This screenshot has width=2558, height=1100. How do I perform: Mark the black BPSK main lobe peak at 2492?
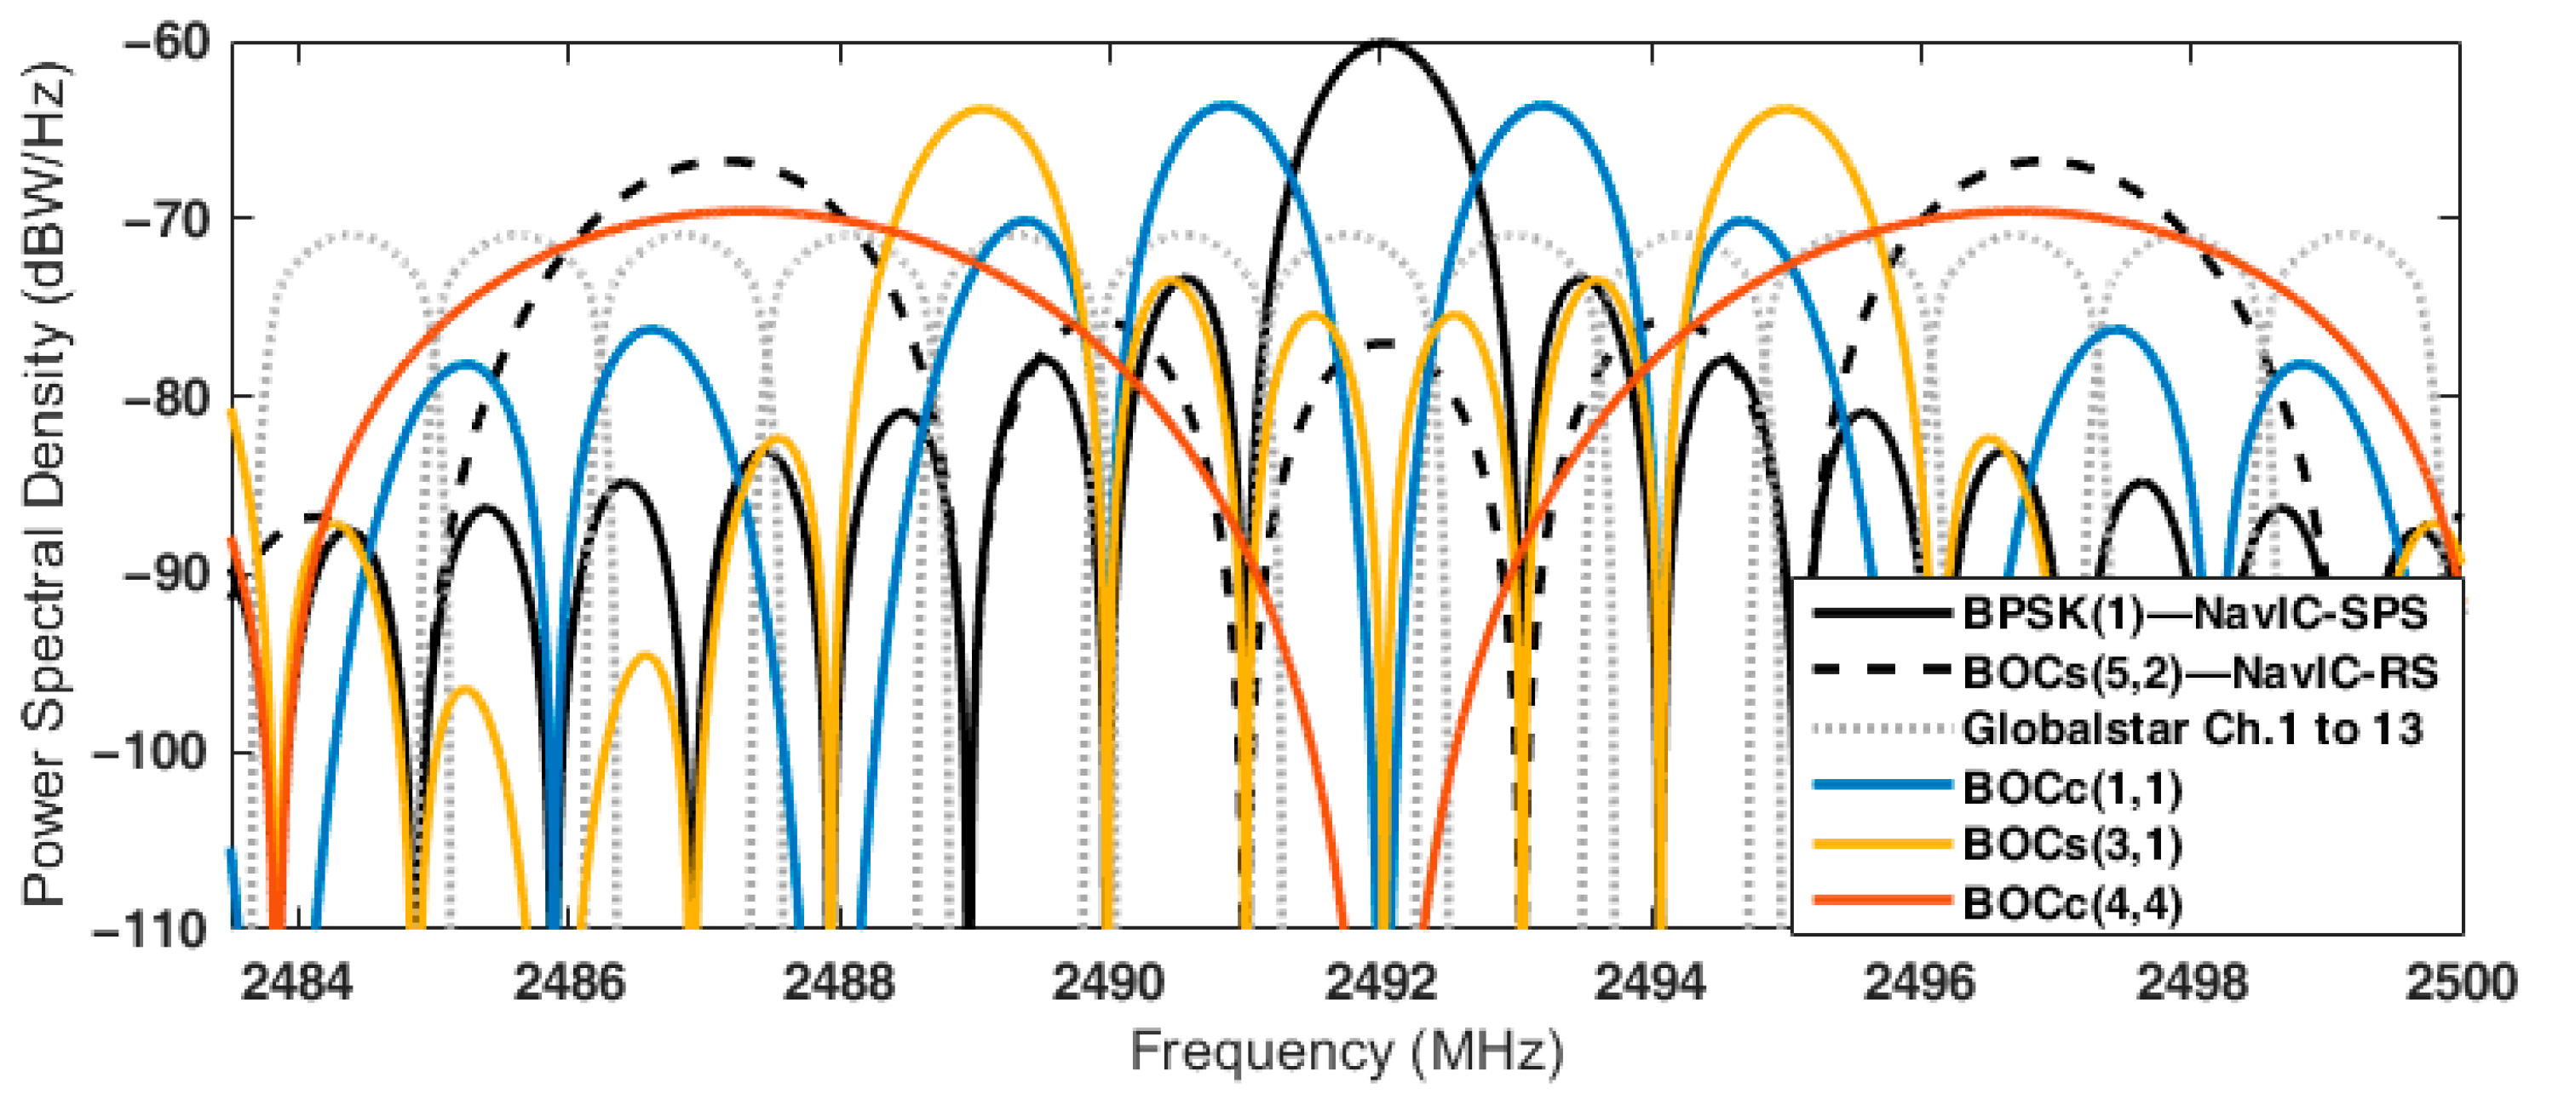click(1382, 43)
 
